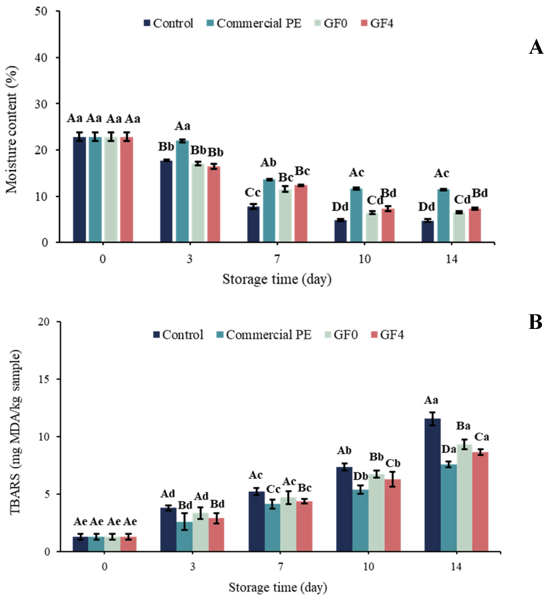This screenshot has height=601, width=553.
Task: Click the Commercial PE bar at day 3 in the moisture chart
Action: [182, 191]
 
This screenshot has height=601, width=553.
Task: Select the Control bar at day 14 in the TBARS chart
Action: [432, 485]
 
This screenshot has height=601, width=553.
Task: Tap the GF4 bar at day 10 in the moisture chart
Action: [388, 225]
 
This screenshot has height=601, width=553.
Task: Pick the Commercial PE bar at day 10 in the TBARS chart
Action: [360, 520]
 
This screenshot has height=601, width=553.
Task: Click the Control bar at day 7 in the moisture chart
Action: [254, 224]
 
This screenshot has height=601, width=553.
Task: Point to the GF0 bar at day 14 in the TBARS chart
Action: [464, 498]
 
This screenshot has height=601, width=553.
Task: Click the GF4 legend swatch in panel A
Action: [364, 23]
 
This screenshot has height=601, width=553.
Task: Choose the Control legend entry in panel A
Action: [168, 23]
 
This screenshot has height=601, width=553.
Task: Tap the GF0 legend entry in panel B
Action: [341, 335]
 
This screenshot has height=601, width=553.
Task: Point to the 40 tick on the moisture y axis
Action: [41, 57]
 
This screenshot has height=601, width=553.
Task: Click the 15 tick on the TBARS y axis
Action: [44, 379]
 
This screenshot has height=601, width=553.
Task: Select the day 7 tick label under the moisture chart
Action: [277, 259]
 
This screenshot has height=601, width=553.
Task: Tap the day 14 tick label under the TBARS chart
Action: [456, 567]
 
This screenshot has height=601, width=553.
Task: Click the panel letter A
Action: [536, 47]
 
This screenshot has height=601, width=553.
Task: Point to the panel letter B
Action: [535, 322]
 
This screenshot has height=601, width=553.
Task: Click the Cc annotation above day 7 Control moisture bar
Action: [253, 192]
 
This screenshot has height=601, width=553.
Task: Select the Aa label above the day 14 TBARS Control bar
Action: [431, 400]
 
